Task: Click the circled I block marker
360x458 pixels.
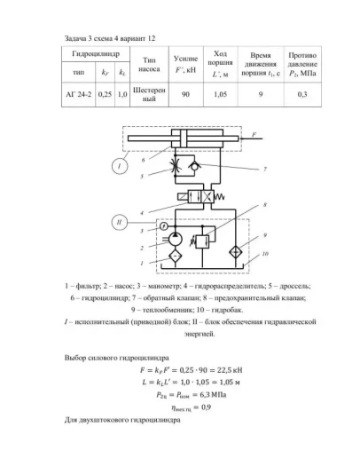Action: [x=115, y=166]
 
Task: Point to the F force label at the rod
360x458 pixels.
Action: [x=254, y=134]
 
